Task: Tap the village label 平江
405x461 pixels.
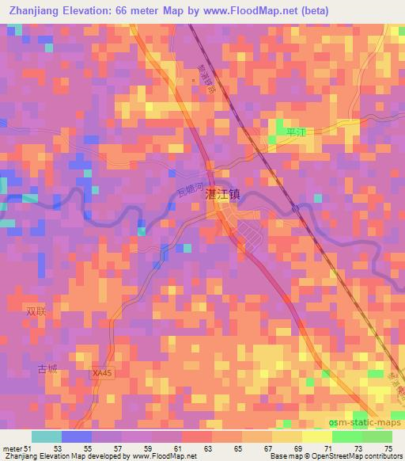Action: [x=294, y=133]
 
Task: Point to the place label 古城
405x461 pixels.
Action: [x=46, y=370]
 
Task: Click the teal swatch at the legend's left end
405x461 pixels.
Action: [x=47, y=436]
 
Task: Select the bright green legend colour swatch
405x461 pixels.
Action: [x=347, y=436]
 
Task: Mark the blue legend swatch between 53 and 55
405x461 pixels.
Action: [x=77, y=436]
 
